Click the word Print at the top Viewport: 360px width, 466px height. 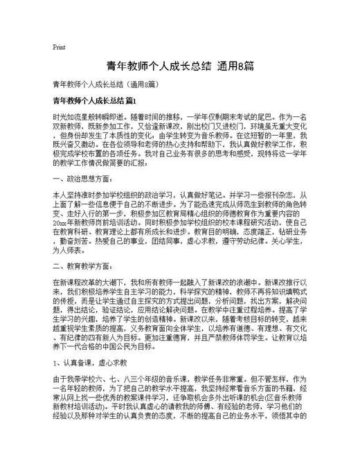[x=59, y=48]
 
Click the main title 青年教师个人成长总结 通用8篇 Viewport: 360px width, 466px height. [x=179, y=66]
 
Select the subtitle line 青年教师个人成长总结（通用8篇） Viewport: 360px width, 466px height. [x=109, y=84]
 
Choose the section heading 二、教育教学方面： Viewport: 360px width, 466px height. [x=80, y=266]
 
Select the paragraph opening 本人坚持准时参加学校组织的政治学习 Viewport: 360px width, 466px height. [x=116, y=196]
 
